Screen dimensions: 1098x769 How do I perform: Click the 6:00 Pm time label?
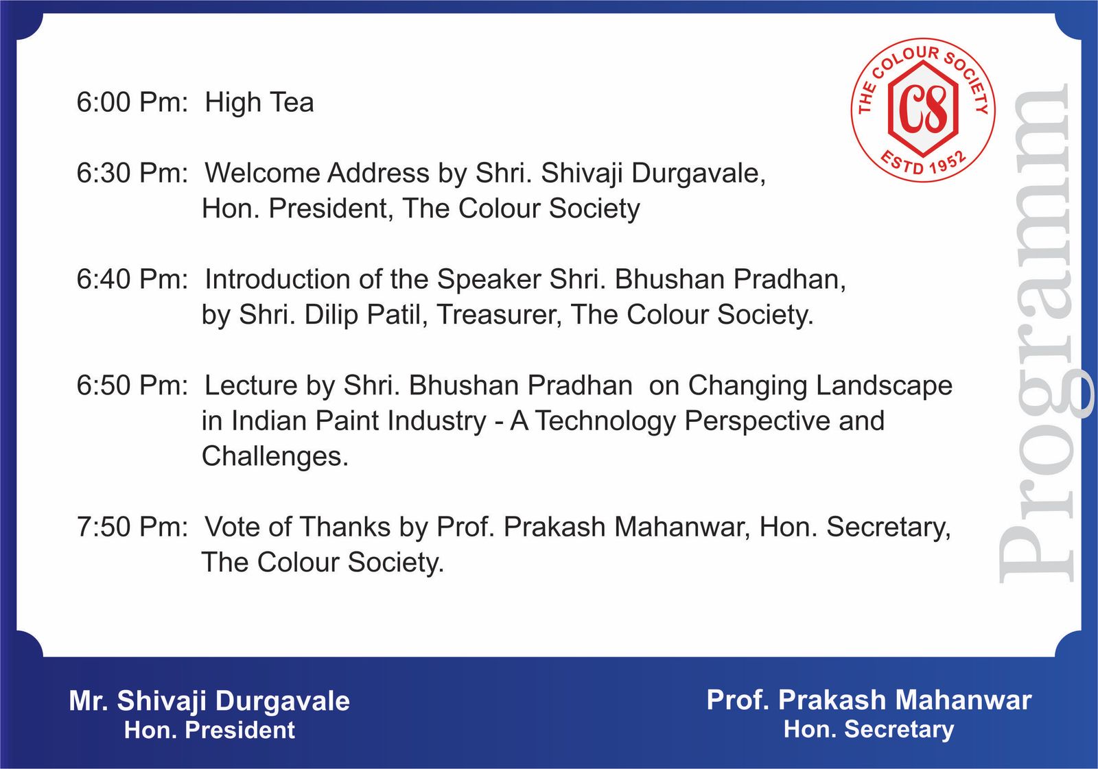[x=132, y=102]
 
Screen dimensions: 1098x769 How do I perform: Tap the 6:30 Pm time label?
[x=132, y=173]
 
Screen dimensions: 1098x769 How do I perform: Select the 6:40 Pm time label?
[x=132, y=279]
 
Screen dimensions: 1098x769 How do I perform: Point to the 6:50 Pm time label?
[x=132, y=386]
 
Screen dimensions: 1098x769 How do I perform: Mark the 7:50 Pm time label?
[x=132, y=527]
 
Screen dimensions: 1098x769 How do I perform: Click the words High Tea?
[x=259, y=102]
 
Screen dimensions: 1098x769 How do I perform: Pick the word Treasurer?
[x=499, y=315]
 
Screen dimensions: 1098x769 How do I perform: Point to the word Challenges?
[x=274, y=456]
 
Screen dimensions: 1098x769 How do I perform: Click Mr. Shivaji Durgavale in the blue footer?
[x=209, y=700]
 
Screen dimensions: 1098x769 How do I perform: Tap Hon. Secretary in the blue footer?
[x=869, y=729]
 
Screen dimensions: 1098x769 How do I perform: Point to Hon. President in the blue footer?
[x=209, y=730]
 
